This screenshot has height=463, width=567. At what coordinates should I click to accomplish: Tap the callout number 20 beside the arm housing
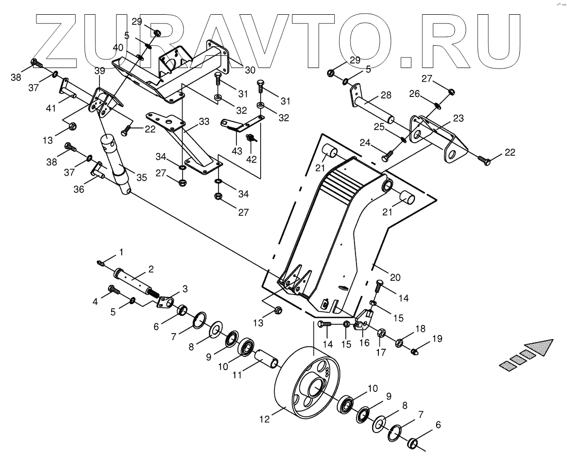396,277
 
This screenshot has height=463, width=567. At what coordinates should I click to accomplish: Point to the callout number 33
204,122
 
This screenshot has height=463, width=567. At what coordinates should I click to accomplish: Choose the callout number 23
458,118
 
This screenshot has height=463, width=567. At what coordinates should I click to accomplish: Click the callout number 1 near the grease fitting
121,252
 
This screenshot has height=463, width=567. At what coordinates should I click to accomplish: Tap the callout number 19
437,338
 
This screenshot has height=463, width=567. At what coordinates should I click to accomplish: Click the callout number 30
250,70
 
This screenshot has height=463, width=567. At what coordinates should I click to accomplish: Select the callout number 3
185,289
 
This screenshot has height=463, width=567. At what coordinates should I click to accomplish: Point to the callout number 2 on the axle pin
151,268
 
